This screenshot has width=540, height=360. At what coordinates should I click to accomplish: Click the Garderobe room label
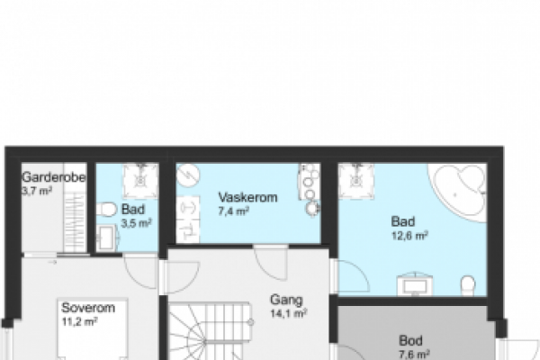pyautogui.click(x=54, y=178)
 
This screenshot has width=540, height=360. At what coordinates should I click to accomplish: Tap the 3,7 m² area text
pyautogui.click(x=37, y=191)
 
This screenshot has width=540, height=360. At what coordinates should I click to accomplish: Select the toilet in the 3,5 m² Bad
pyautogui.click(x=106, y=210)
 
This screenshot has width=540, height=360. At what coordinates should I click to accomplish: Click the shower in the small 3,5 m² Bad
pyautogui.click(x=140, y=181)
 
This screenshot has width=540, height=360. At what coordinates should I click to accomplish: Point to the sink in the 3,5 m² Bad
pyautogui.click(x=107, y=238)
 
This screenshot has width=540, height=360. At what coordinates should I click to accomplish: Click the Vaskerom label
pyautogui.click(x=248, y=197)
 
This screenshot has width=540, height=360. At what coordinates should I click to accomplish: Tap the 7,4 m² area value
pyautogui.click(x=234, y=211)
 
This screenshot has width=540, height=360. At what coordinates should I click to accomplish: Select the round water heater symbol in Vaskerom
pyautogui.click(x=188, y=175)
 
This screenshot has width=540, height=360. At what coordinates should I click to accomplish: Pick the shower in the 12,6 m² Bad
pyautogui.click(x=356, y=181)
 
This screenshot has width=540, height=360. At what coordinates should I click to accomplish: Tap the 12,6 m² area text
pyautogui.click(x=409, y=236)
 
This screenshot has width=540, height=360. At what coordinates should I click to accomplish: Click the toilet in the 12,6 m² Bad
pyautogui.click(x=468, y=285)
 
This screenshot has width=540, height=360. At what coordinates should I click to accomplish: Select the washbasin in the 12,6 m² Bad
pyautogui.click(x=415, y=285)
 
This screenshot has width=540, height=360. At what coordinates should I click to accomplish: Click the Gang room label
pyautogui.click(x=286, y=300)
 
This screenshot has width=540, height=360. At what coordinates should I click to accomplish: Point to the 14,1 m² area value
pyautogui.click(x=289, y=313)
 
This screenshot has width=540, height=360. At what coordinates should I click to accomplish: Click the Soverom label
pyautogui.click(x=88, y=308)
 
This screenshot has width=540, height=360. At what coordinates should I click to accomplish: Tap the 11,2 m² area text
pyautogui.click(x=79, y=322)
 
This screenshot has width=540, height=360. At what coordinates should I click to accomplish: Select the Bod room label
pyautogui.click(x=410, y=341)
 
